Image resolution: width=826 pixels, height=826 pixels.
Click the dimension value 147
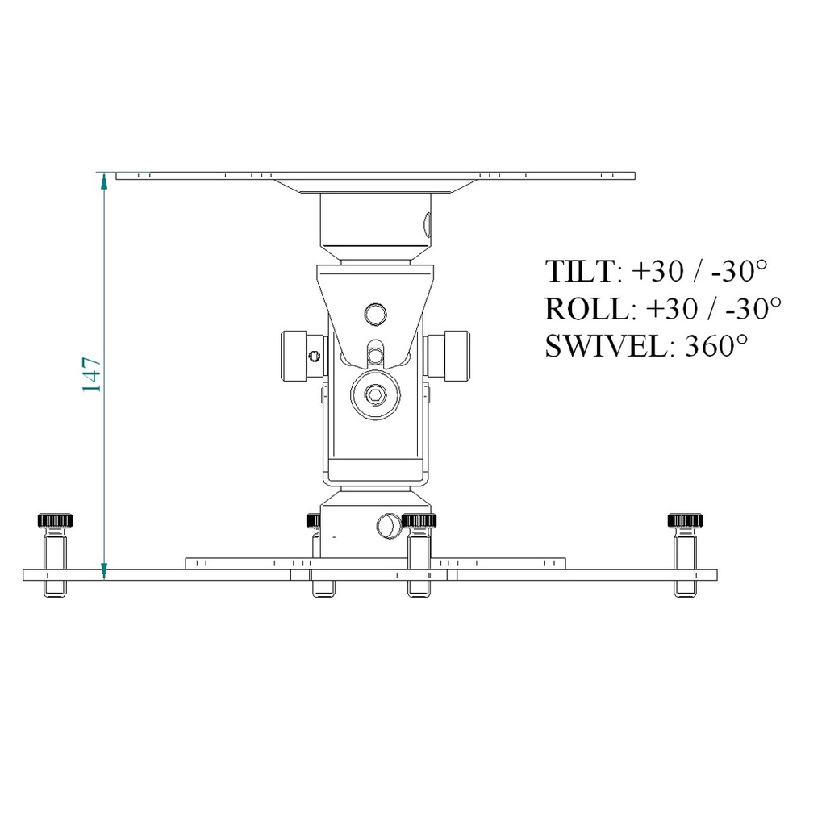tap(91, 374)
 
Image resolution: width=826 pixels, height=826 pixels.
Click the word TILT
tap(580, 272)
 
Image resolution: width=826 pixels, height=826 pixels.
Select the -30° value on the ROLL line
tap(753, 309)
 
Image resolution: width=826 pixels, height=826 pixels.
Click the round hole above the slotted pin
tap(374, 312)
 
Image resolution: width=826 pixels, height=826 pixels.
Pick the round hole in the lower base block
tap(388, 526)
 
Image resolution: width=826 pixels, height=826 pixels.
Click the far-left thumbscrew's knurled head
tap(56, 520)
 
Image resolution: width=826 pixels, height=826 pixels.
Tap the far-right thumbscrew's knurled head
tap(687, 520)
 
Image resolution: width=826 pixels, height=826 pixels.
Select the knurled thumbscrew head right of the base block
tap(419, 520)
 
